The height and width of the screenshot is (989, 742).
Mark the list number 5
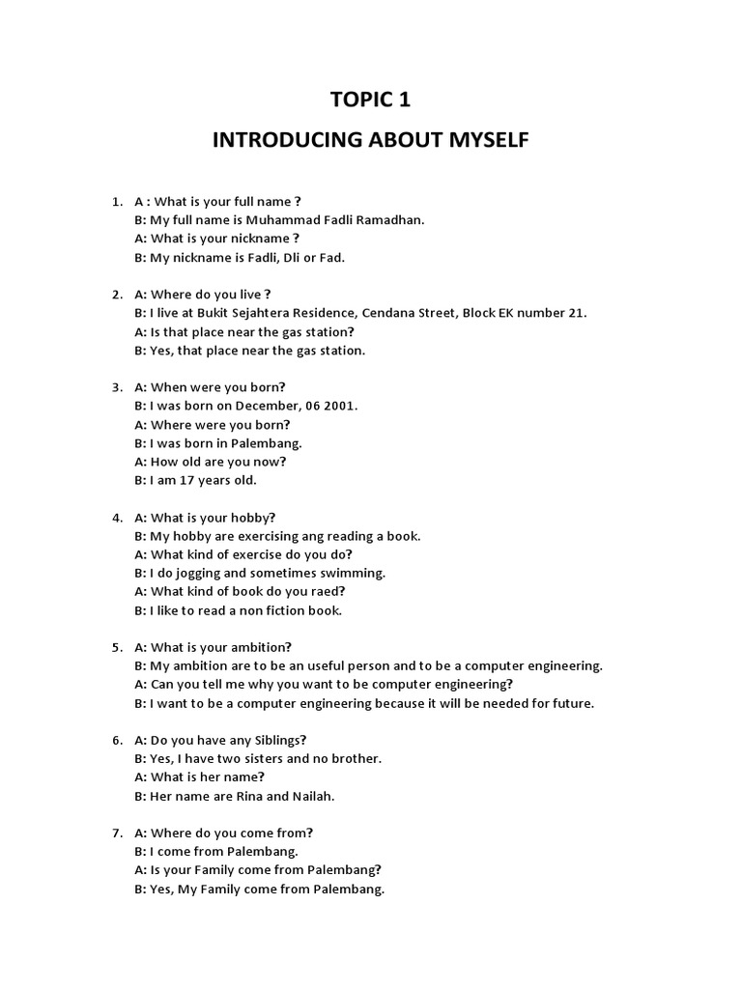coord(116,647)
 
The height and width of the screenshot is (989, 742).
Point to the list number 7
coord(116,833)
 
